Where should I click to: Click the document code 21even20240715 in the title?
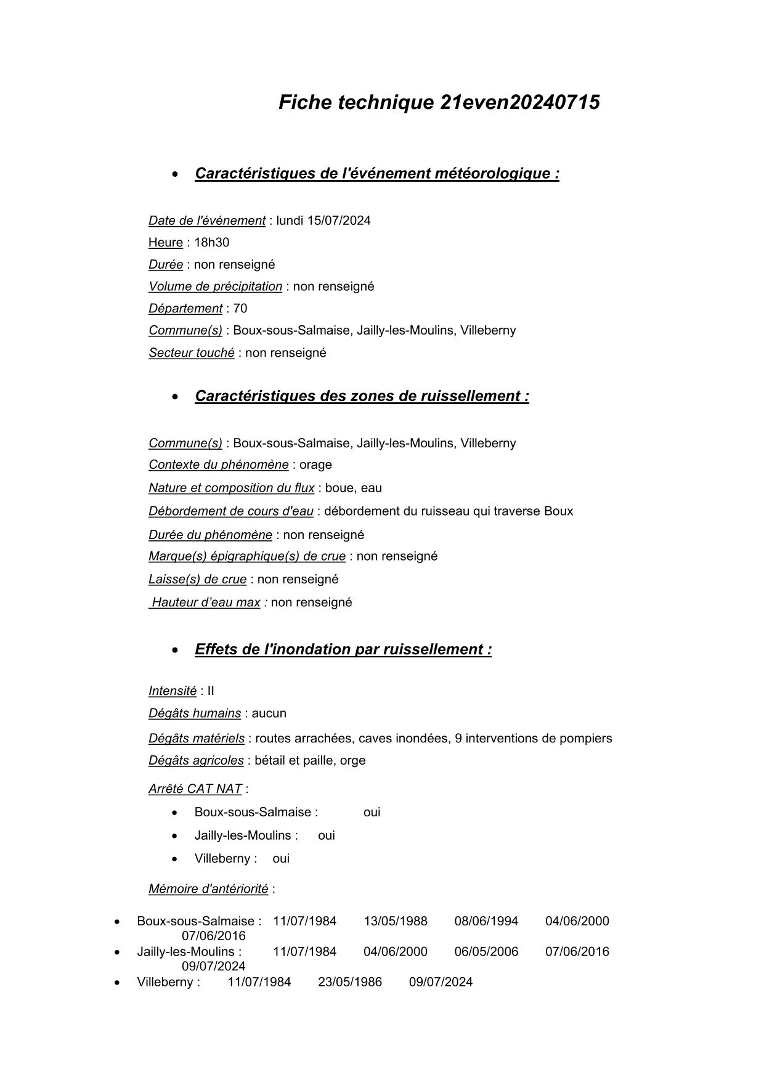[x=520, y=102]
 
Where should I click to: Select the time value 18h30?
[x=211, y=243]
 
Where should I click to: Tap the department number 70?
[x=240, y=309]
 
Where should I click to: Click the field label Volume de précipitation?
[x=215, y=286]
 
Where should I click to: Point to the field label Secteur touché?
[x=191, y=353]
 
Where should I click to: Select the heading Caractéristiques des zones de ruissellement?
[x=362, y=396]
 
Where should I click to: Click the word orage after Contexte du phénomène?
[x=315, y=465]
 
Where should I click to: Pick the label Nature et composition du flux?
[x=231, y=488]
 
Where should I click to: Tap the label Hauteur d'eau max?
[x=206, y=603]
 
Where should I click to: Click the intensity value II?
[x=211, y=691]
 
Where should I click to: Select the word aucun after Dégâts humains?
[x=269, y=713]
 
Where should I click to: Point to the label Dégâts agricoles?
[x=196, y=761]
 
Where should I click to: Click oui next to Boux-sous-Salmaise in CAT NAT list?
[x=372, y=812]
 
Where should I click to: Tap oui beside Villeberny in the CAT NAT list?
[x=281, y=859]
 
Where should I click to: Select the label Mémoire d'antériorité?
[x=208, y=889]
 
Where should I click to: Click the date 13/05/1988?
[x=395, y=922]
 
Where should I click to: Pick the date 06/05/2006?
[x=486, y=952]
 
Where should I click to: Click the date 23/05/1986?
[x=350, y=982]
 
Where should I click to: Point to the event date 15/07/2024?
[x=339, y=221]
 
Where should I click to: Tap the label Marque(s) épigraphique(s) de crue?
[x=246, y=556]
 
